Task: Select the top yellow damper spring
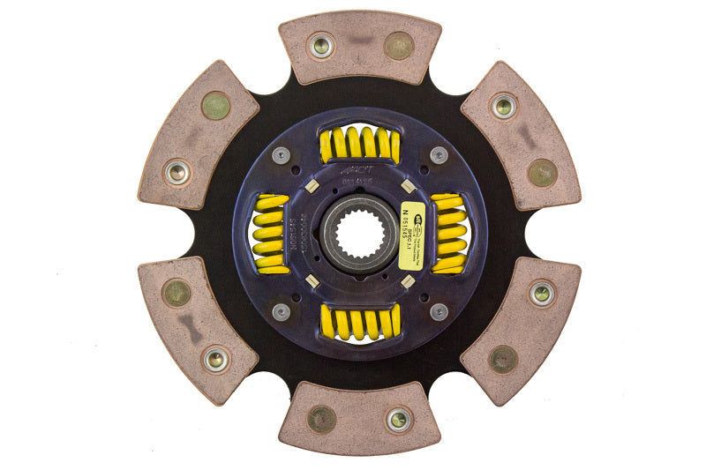[359, 144]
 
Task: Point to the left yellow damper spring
[270, 234]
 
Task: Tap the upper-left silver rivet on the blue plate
[281, 155]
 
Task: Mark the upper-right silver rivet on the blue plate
[439, 155]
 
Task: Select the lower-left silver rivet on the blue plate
[281, 312]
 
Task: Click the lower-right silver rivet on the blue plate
[439, 312]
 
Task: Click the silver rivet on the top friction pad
[321, 45]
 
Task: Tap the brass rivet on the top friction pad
[399, 45]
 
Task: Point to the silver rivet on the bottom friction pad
[399, 420]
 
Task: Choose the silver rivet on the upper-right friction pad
[504, 106]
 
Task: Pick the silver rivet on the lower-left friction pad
[214, 359]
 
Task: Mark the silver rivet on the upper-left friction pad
[177, 172]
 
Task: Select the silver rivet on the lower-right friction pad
[541, 293]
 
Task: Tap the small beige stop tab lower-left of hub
[312, 281]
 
